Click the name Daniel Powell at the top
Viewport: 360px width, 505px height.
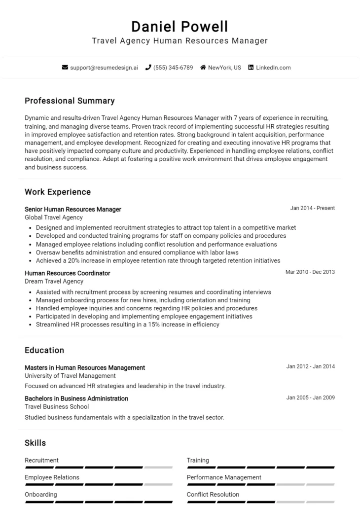(x=180, y=26)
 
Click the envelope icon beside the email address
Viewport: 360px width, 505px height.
(x=65, y=68)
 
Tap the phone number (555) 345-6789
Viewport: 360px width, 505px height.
(x=173, y=68)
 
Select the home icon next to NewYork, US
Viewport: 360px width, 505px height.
(x=203, y=68)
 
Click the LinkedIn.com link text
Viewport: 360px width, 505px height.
(x=273, y=68)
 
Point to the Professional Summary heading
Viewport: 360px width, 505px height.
(x=70, y=101)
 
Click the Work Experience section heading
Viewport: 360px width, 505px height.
(x=58, y=192)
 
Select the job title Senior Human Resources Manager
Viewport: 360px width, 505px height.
(x=72, y=209)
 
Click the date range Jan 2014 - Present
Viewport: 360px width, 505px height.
(x=312, y=208)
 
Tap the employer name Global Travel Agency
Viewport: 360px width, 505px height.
(x=54, y=217)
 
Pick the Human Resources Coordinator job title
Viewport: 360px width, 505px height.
(x=67, y=273)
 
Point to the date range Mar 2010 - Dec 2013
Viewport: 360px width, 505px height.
(x=310, y=272)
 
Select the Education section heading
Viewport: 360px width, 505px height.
(x=44, y=350)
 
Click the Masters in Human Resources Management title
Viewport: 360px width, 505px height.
(x=85, y=367)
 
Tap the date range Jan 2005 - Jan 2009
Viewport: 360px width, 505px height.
(x=310, y=397)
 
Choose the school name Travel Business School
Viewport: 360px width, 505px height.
(x=57, y=406)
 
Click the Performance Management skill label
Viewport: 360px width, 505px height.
(x=224, y=477)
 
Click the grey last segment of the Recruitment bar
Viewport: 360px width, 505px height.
(x=158, y=467)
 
